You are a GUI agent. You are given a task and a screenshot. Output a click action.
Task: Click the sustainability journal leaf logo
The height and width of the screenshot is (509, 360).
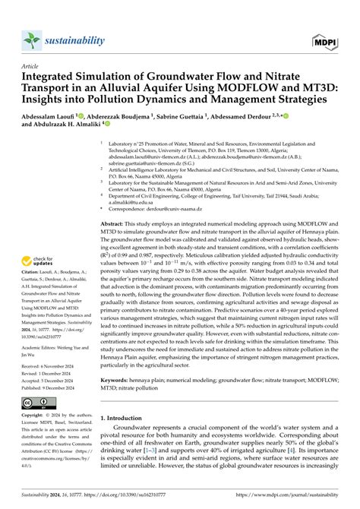31,39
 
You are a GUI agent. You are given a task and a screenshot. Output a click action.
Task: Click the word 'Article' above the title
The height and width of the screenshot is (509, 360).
30,66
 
